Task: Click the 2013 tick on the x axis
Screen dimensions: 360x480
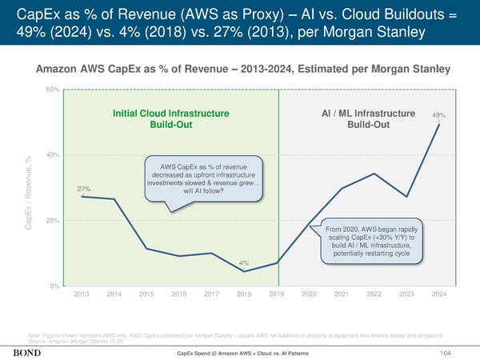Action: [82, 294]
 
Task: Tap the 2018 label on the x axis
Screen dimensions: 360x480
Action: [244, 294]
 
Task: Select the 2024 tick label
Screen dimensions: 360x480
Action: [438, 294]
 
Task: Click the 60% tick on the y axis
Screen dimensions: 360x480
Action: [52, 89]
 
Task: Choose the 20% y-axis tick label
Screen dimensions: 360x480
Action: [52, 221]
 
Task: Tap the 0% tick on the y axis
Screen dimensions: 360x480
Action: [54, 286]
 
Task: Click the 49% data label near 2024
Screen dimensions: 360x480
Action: [438, 115]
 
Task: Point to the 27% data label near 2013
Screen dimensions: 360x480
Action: [83, 189]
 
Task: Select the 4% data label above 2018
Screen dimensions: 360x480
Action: [244, 262]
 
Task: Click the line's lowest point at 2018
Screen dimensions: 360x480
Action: [244, 272]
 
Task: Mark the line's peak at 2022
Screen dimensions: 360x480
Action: [374, 174]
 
